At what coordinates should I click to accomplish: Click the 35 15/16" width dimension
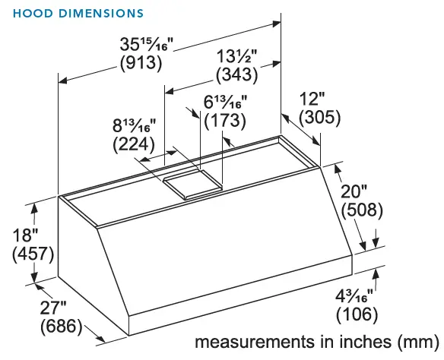[x=141, y=45]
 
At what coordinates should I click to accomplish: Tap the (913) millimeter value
[x=141, y=64]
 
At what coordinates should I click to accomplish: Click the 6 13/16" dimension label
[x=224, y=102]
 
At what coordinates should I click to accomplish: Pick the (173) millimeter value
[x=224, y=120]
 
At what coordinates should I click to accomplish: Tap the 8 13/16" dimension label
[x=134, y=125]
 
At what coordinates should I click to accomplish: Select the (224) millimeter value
[x=134, y=144]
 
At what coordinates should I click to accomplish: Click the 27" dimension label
[x=54, y=308]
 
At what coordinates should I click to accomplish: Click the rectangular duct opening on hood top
[x=190, y=182]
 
